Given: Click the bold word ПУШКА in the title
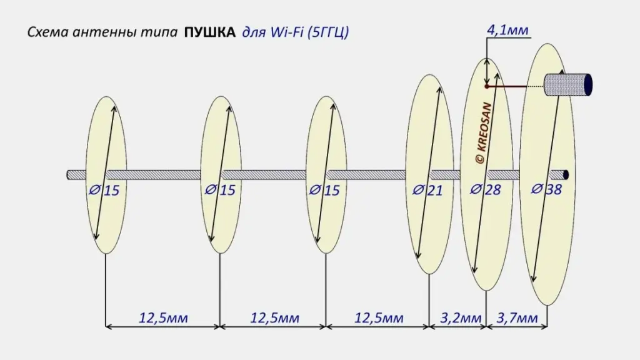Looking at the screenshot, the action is (x=210, y=32).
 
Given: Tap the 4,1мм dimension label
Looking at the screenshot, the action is (x=507, y=30).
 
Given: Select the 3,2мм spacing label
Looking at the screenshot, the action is (x=461, y=317).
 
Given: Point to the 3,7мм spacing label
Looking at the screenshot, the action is (x=517, y=317).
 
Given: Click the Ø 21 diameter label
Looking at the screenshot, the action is (x=427, y=190).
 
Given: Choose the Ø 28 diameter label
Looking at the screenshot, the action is (x=485, y=189).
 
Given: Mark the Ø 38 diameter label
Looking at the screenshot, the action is (x=546, y=189).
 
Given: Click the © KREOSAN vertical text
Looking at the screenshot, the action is (x=484, y=133).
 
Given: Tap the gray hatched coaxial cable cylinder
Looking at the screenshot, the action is (x=568, y=85).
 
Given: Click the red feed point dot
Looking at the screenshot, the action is (x=486, y=86).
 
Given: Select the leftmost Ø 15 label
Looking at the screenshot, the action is (x=104, y=190).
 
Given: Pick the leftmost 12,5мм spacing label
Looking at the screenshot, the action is (x=163, y=317).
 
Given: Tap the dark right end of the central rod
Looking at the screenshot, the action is (x=566, y=175).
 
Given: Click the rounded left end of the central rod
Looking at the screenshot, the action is (x=69, y=175).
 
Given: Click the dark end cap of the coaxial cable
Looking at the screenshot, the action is (x=588, y=85).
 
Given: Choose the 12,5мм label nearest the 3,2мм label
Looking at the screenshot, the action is (x=379, y=317).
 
